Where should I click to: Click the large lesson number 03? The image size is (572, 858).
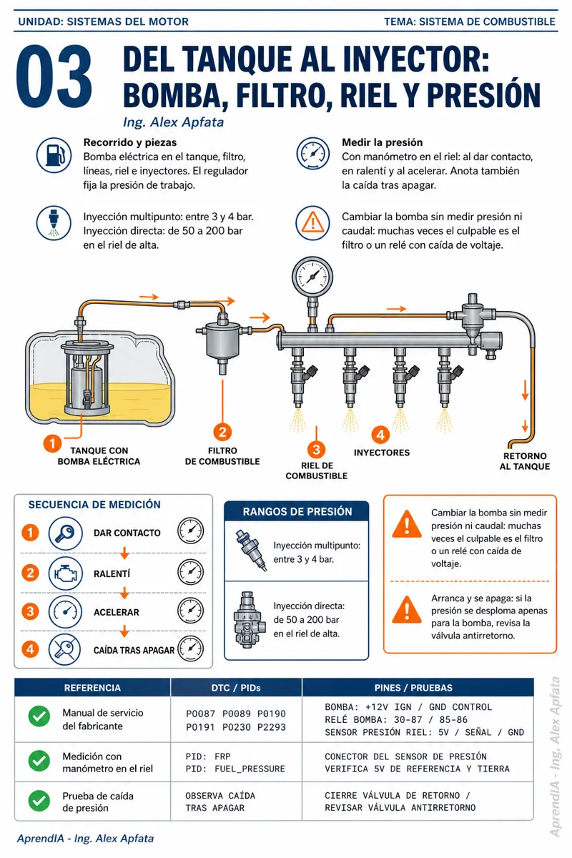point(54,77)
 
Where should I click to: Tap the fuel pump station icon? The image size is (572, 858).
point(54,156)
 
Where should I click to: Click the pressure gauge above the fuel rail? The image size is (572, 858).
point(312,277)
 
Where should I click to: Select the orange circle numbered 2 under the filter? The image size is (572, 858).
point(222,432)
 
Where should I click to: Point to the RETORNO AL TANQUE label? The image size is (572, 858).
point(525,461)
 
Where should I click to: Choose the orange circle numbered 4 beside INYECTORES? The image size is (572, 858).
point(380,435)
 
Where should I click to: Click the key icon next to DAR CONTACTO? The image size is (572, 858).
point(66,533)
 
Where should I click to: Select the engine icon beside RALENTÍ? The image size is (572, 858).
point(66,573)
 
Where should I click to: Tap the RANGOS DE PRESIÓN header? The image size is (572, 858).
point(297,512)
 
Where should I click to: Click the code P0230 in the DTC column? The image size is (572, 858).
point(237,727)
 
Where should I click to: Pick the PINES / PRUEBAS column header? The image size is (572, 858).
point(413,688)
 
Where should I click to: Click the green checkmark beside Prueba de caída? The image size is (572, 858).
point(39,801)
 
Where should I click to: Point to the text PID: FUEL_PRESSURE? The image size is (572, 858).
point(235,769)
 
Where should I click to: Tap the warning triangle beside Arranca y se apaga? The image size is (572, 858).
point(407,609)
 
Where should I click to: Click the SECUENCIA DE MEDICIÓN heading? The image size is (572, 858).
point(94,505)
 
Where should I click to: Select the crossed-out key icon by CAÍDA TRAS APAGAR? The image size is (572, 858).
point(65,649)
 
